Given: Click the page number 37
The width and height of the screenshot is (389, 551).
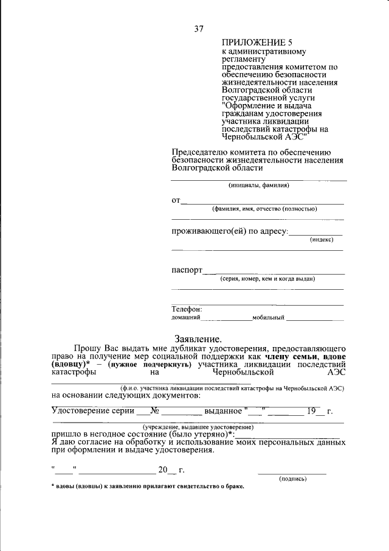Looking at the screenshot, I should [x=199, y=29].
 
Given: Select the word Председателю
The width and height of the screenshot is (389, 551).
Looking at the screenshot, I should [x=199, y=152].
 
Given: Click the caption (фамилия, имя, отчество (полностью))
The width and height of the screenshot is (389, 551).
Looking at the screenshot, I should [x=264, y=209].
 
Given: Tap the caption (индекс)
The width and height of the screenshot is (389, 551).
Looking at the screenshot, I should [x=322, y=240].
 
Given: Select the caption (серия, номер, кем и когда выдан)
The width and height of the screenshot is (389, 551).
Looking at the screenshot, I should [x=267, y=279].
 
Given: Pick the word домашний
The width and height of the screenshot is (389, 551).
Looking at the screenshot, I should [x=186, y=317].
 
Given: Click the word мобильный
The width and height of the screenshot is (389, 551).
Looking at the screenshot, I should [x=269, y=317].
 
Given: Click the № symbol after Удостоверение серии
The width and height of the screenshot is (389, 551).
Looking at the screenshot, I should [x=154, y=410].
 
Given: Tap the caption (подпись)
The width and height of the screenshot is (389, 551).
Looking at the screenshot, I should [x=292, y=479].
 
